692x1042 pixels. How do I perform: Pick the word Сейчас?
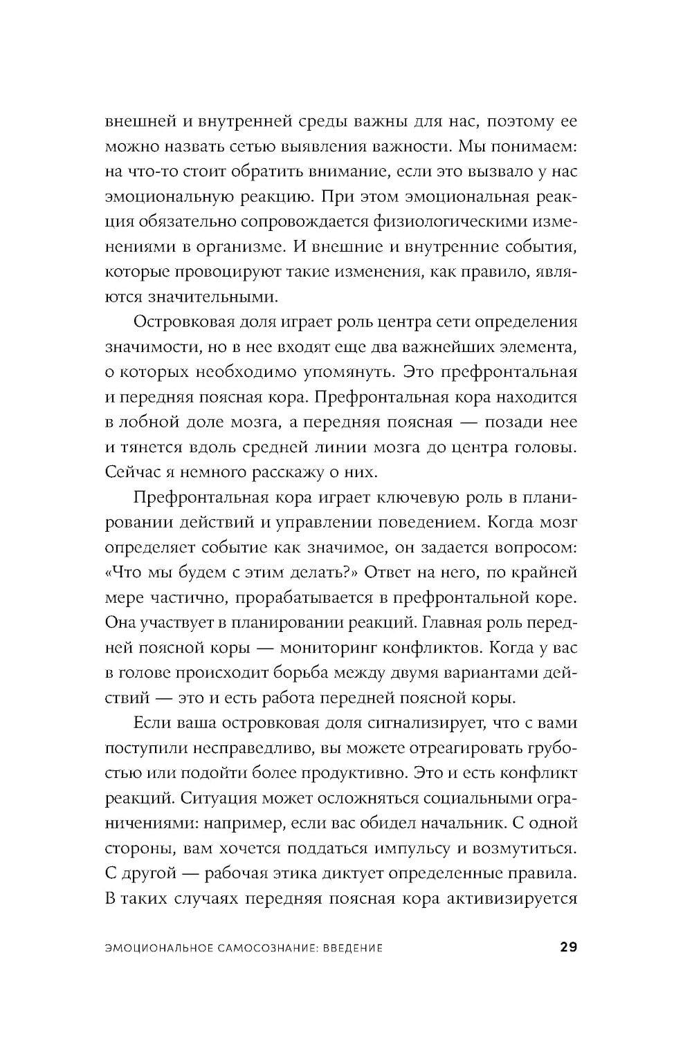[129, 472]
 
